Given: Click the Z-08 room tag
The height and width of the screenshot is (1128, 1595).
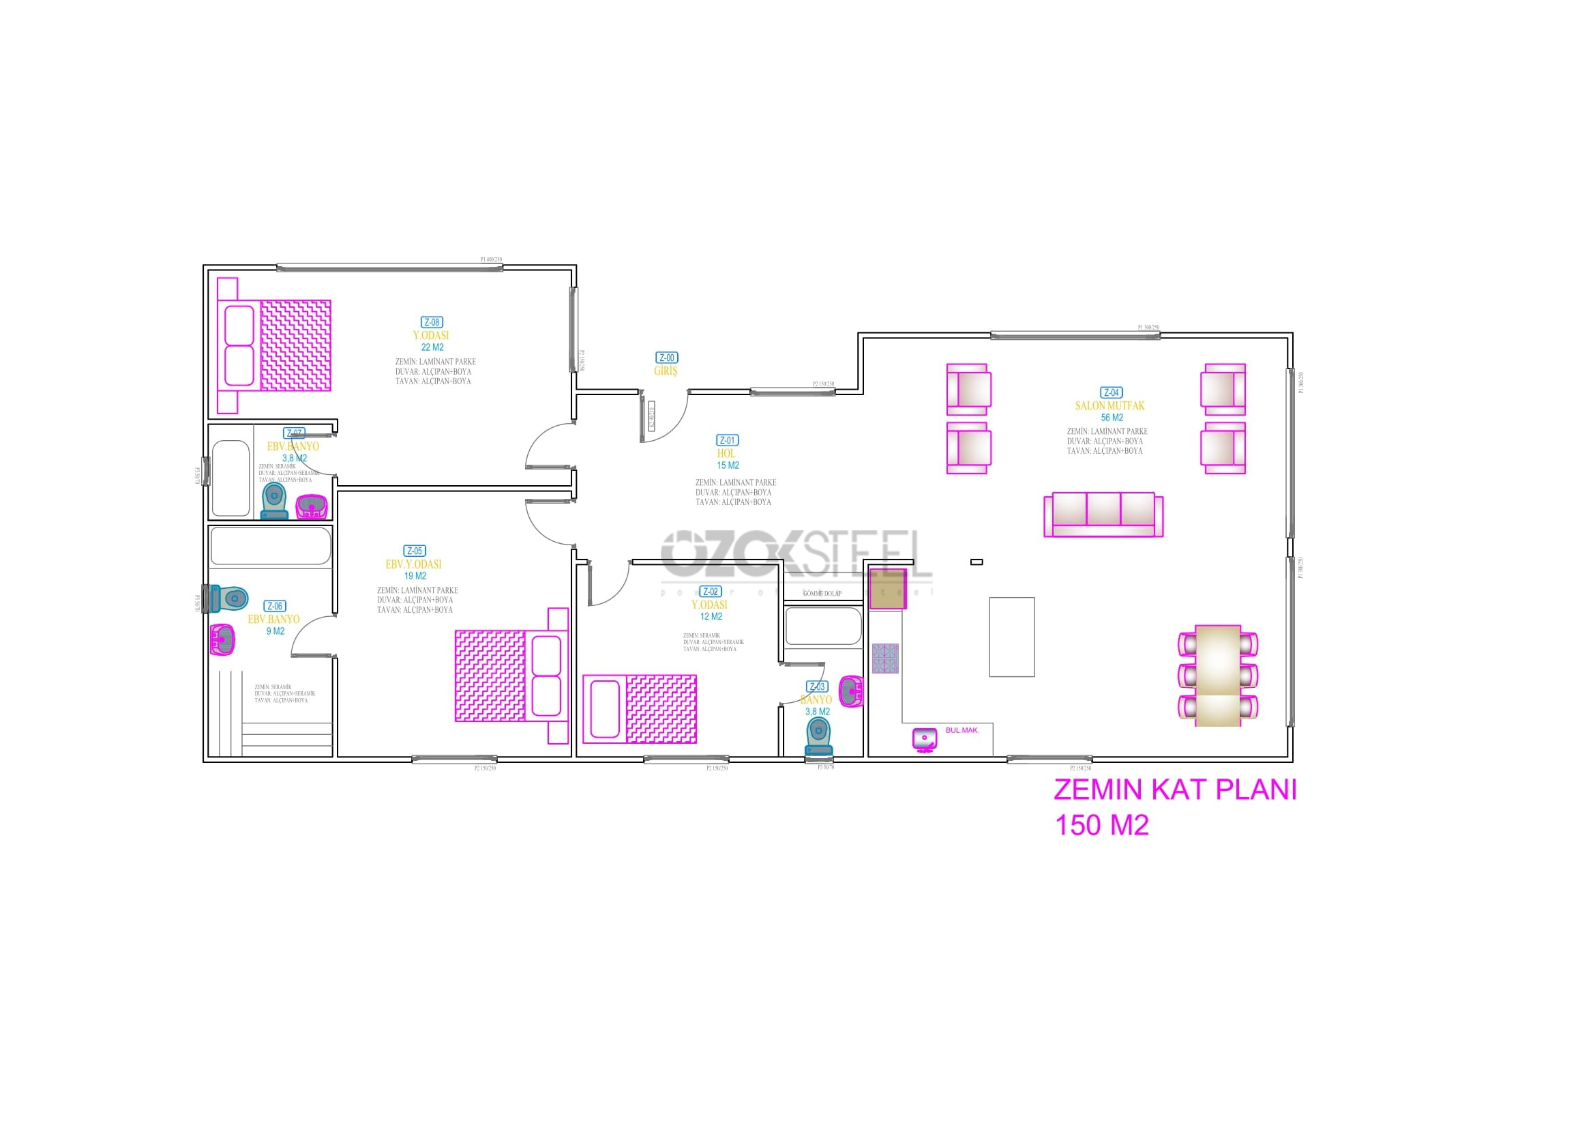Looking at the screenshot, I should pyautogui.click(x=432, y=323).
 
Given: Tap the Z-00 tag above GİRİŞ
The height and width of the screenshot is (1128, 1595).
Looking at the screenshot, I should pyautogui.click(x=666, y=358).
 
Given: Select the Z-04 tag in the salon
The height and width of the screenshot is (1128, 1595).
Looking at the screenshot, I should pyautogui.click(x=1111, y=392).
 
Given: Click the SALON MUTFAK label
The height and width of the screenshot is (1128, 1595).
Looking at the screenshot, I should pyautogui.click(x=1109, y=405).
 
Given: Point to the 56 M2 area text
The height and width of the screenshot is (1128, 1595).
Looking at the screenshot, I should pyautogui.click(x=1112, y=418).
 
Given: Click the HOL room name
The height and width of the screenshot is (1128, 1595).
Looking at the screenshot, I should pyautogui.click(x=726, y=453).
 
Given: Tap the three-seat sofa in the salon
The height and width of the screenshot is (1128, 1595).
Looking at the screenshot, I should pyautogui.click(x=1103, y=515).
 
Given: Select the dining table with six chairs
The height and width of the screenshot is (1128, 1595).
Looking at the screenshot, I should pyautogui.click(x=1218, y=676).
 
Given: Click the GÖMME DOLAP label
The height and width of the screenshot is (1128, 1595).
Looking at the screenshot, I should pyautogui.click(x=822, y=594).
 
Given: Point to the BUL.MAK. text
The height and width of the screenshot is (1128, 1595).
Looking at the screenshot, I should pyautogui.click(x=962, y=730).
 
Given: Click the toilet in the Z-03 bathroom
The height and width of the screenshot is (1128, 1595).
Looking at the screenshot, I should pyautogui.click(x=818, y=737).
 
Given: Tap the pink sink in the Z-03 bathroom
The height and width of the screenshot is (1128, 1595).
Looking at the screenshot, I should pyautogui.click(x=851, y=691).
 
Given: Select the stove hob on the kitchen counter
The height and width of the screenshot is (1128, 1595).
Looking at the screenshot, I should pyautogui.click(x=885, y=659).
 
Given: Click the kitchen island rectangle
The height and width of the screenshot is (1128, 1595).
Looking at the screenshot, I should pyautogui.click(x=1011, y=637).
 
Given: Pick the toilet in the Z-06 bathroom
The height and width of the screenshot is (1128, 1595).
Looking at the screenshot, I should pyautogui.click(x=229, y=598).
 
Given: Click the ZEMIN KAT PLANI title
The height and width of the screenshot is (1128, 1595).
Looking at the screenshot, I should pyautogui.click(x=1175, y=790).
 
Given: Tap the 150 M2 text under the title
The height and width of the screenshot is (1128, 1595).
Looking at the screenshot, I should pyautogui.click(x=1102, y=826).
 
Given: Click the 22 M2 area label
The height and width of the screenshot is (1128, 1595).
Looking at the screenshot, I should pyautogui.click(x=432, y=347).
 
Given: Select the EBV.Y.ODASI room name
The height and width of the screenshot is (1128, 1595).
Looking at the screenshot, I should pyautogui.click(x=413, y=564).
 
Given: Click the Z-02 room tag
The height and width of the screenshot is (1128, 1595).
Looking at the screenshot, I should pyautogui.click(x=710, y=592).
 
